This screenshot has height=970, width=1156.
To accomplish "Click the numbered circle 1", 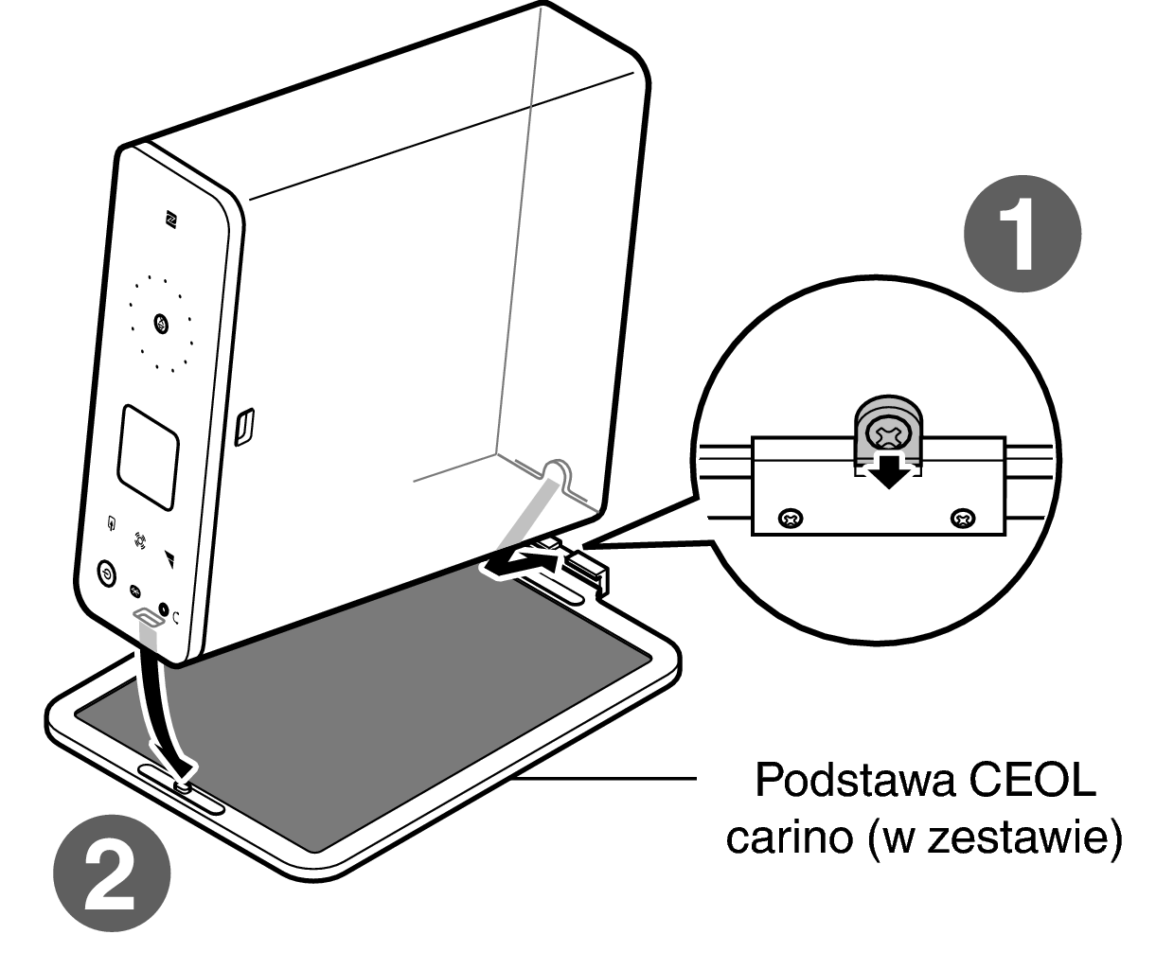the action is pyautogui.click(x=1022, y=234).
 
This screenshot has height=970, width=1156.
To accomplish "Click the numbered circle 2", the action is pyautogui.click(x=112, y=873).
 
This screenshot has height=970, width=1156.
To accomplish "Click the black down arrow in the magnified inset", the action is pyautogui.click(x=888, y=469).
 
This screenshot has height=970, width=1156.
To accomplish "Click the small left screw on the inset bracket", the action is pyautogui.click(x=791, y=519).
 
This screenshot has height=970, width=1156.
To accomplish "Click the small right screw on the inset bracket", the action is pyautogui.click(x=963, y=519).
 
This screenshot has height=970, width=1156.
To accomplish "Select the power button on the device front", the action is pyautogui.click(x=106, y=573).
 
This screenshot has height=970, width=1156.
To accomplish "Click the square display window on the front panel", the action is pyautogui.click(x=148, y=458).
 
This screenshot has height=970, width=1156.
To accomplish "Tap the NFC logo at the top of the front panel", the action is pyautogui.click(x=171, y=219).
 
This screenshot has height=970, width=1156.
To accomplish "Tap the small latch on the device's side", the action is pyautogui.click(x=244, y=426).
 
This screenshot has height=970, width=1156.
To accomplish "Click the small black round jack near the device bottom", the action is pyautogui.click(x=164, y=609).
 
